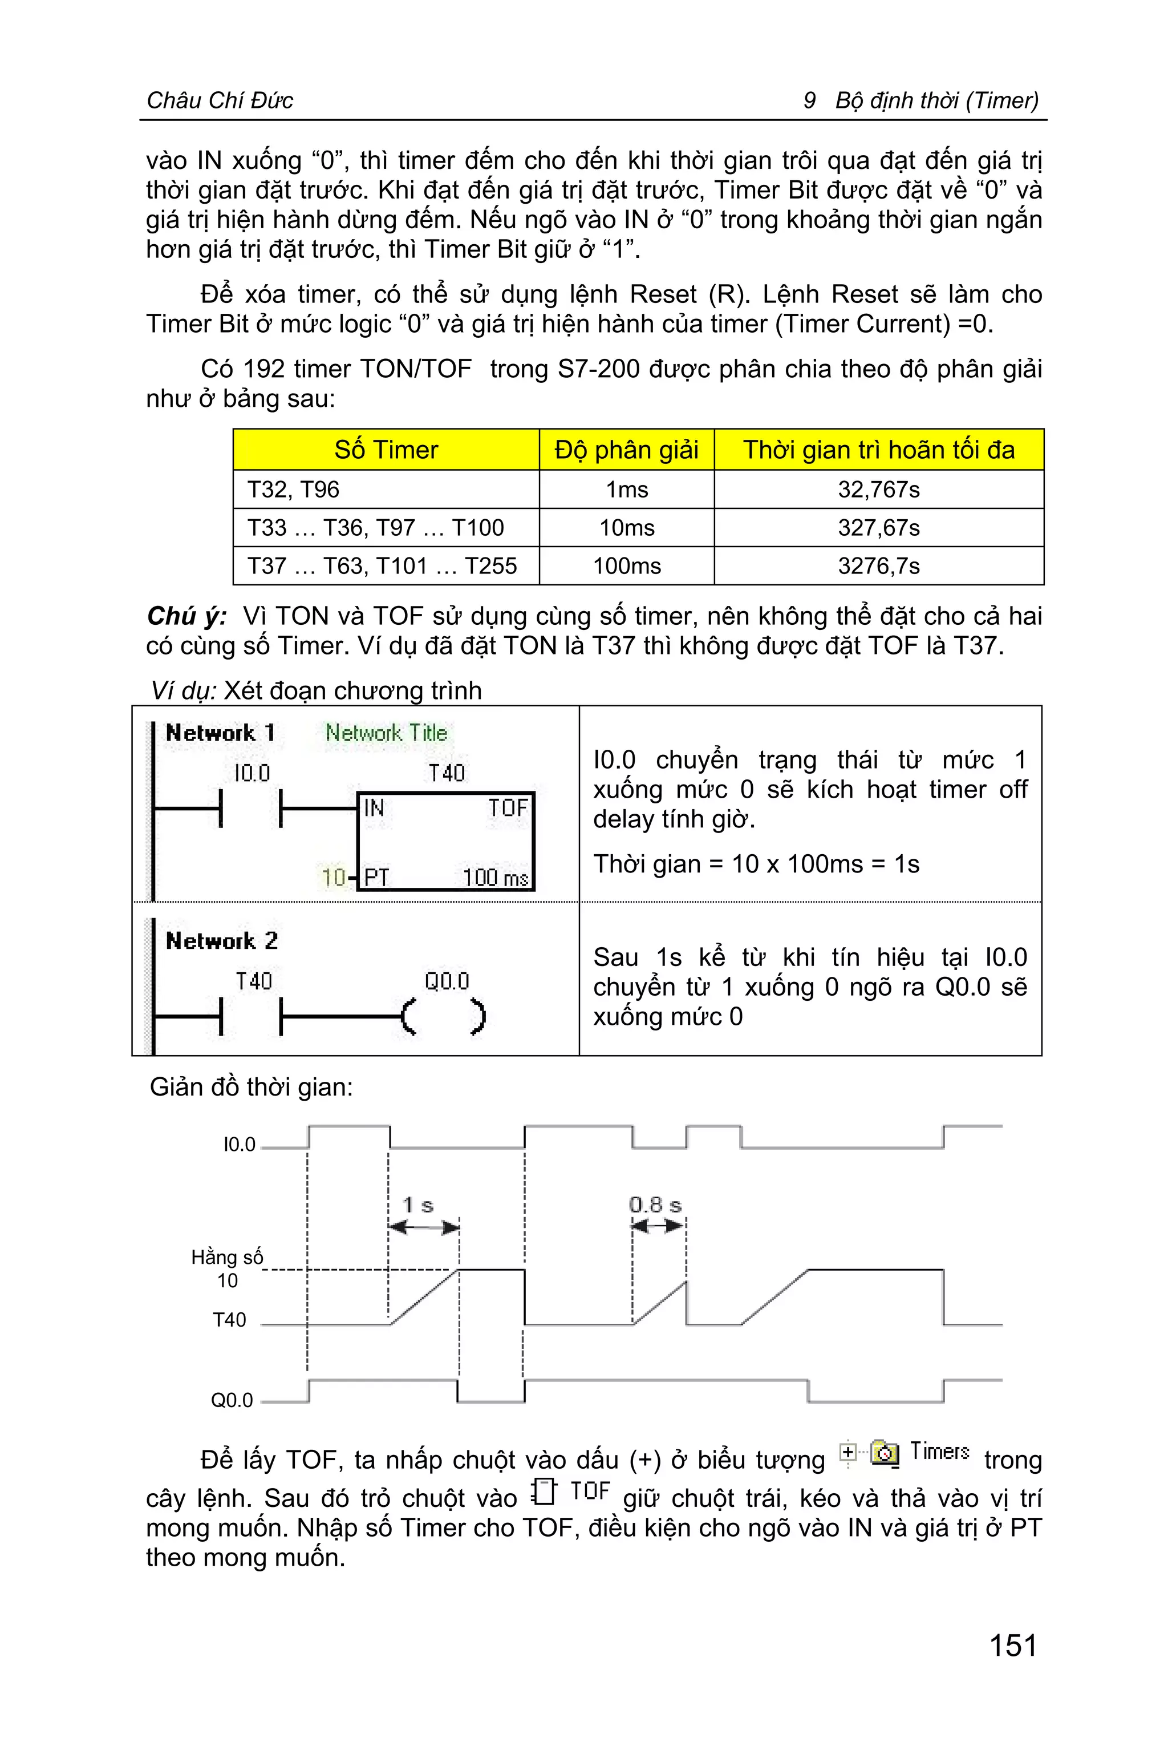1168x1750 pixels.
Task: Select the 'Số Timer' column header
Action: pyautogui.click(x=386, y=450)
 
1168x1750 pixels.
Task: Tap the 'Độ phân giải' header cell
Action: pyautogui.click(x=626, y=450)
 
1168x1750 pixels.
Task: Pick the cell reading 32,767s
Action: pyautogui.click(x=878, y=489)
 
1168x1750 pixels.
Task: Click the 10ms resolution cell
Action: pyautogui.click(x=626, y=528)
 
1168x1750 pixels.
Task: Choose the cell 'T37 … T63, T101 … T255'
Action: pyautogui.click(x=382, y=565)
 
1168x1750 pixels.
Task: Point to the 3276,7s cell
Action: pyautogui.click(x=878, y=565)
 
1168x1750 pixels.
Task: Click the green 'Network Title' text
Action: pyautogui.click(x=386, y=733)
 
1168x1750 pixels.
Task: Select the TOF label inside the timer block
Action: pyautogui.click(x=508, y=807)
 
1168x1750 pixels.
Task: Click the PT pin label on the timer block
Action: pyautogui.click(x=376, y=877)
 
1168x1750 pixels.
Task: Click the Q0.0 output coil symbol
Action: pyautogui.click(x=444, y=1017)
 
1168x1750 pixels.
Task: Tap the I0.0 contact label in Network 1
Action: pyautogui.click(x=252, y=773)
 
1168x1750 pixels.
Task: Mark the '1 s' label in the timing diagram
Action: pyautogui.click(x=418, y=1205)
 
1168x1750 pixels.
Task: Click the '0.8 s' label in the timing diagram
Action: pyautogui.click(x=655, y=1205)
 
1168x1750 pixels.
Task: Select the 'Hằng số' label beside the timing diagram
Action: pyautogui.click(x=227, y=1258)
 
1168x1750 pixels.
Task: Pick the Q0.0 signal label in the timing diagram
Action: pyautogui.click(x=232, y=1400)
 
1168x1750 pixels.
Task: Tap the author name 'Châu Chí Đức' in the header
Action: pyautogui.click(x=220, y=100)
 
